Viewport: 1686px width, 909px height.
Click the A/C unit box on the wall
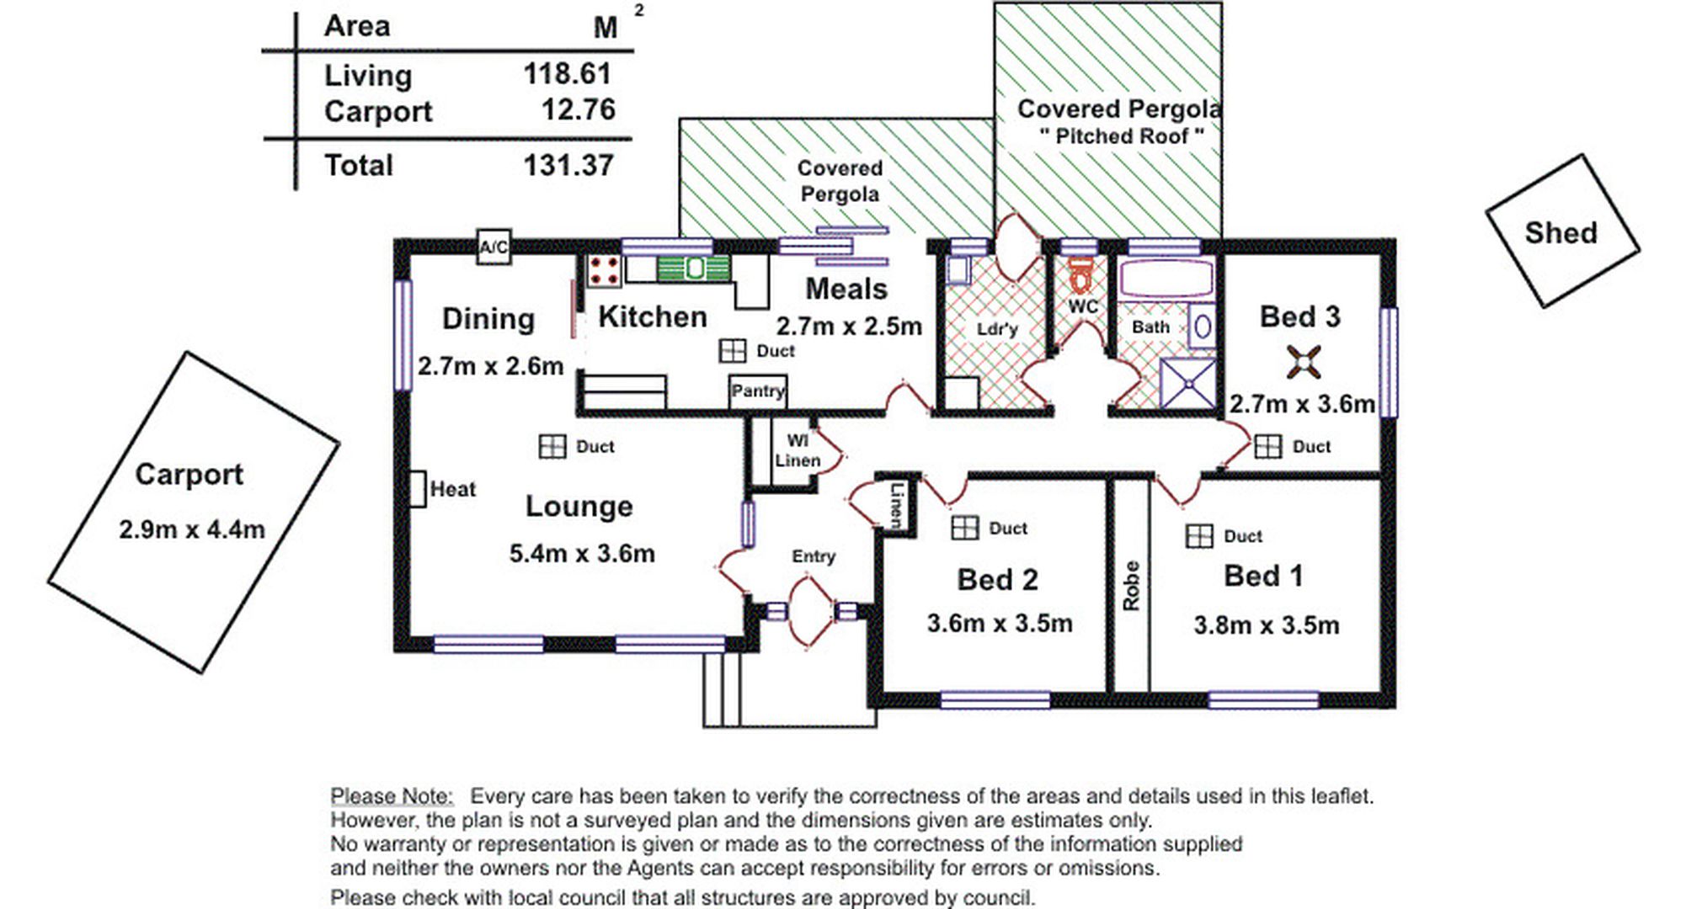(494, 247)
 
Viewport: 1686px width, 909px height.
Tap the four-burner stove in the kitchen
(604, 270)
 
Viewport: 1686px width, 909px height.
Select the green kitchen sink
(693, 268)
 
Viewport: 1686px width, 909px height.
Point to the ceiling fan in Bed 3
(1304, 362)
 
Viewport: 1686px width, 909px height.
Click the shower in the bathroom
(1188, 383)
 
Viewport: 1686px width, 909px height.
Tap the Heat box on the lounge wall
(418, 488)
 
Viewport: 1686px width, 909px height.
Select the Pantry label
(758, 391)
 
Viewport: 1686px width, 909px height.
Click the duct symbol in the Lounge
(552, 446)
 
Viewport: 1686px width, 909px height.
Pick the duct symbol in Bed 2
(964, 528)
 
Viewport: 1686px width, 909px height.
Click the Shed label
(1561, 233)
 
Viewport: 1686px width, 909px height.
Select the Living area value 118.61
(568, 74)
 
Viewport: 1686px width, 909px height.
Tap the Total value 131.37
(568, 165)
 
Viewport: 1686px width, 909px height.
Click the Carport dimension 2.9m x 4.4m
(192, 529)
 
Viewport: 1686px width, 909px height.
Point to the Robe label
(1130, 586)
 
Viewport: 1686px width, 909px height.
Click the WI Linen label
(797, 450)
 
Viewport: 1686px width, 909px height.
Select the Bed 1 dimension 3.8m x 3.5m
(1266, 625)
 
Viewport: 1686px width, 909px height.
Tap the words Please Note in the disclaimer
(392, 795)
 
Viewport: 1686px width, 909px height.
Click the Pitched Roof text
(1122, 136)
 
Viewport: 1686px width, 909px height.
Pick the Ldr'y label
(997, 328)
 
